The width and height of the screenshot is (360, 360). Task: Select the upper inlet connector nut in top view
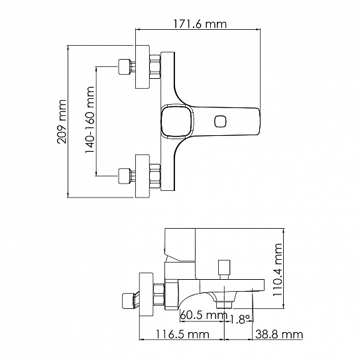(123, 67)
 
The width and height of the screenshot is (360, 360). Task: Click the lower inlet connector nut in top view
(123, 176)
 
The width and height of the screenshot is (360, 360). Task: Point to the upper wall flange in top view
(143, 67)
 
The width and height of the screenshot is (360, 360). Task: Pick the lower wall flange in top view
(143, 176)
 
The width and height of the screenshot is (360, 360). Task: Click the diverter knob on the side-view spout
(224, 269)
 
